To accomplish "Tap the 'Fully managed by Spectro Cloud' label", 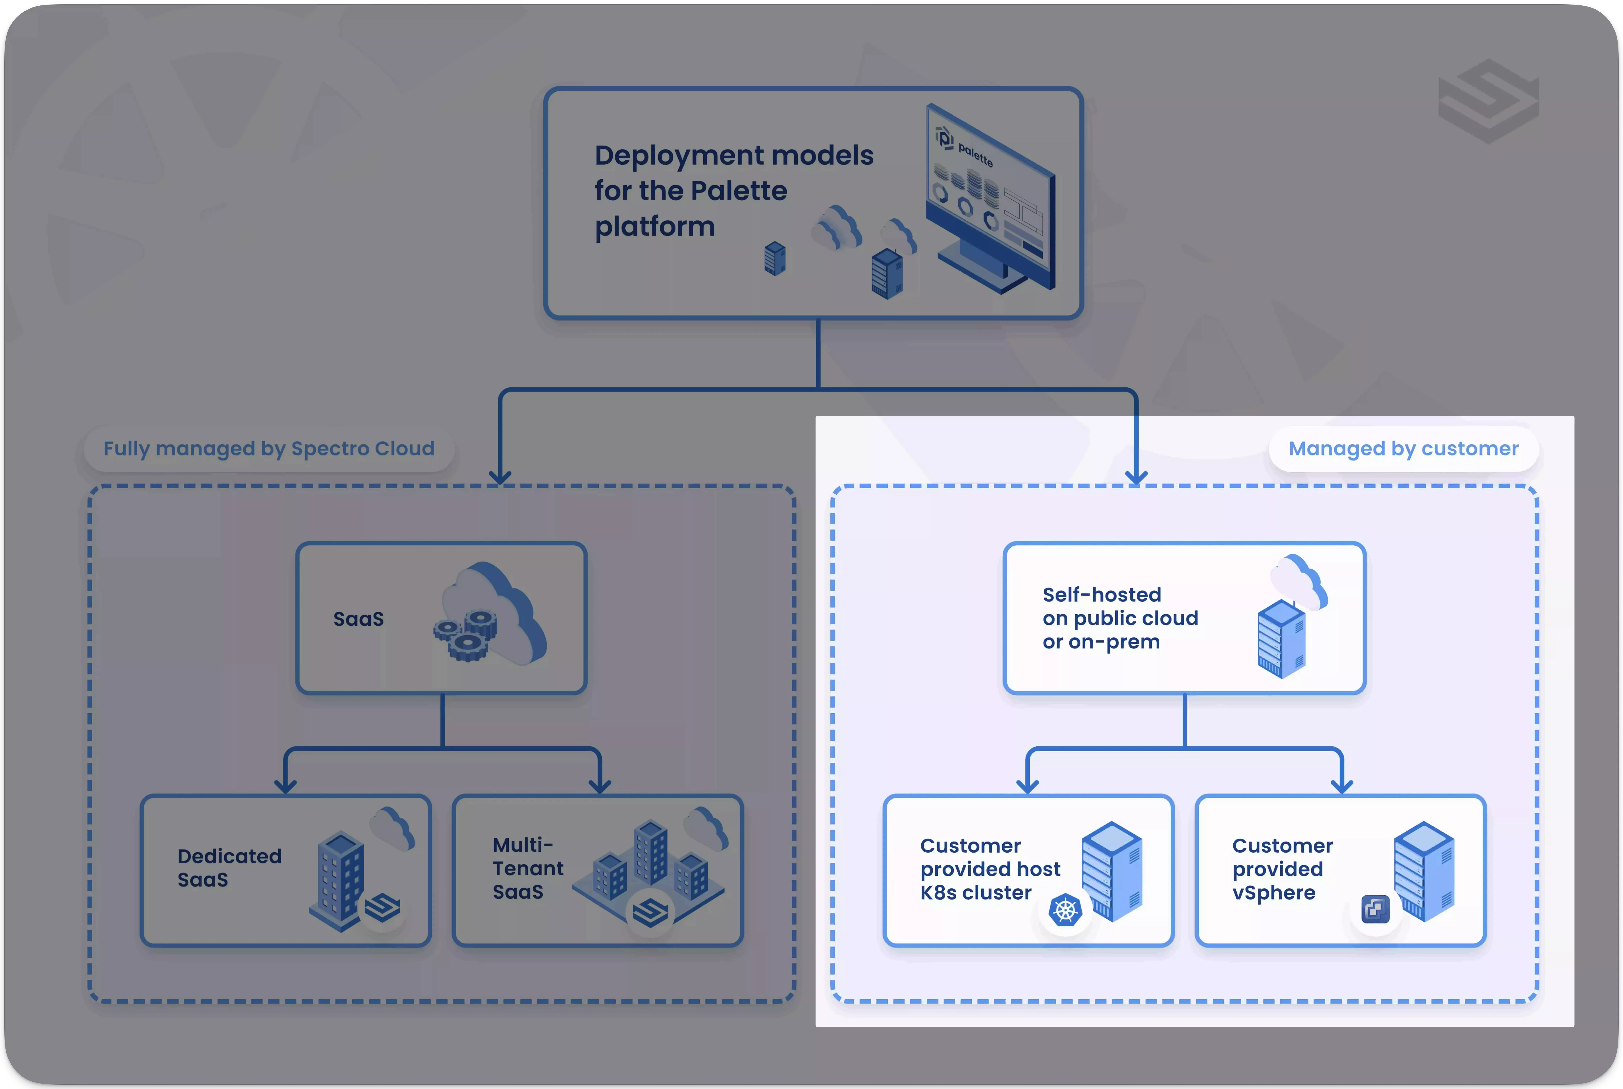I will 269,449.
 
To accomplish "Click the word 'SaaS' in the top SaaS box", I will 358,619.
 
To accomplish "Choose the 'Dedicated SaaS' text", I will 229,867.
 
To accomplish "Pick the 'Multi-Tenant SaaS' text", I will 528,868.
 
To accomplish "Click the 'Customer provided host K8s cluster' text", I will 990,869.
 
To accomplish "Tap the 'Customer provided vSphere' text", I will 1282,869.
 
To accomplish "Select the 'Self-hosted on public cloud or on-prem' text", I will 1120,618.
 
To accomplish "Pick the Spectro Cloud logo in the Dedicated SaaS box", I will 383,907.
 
